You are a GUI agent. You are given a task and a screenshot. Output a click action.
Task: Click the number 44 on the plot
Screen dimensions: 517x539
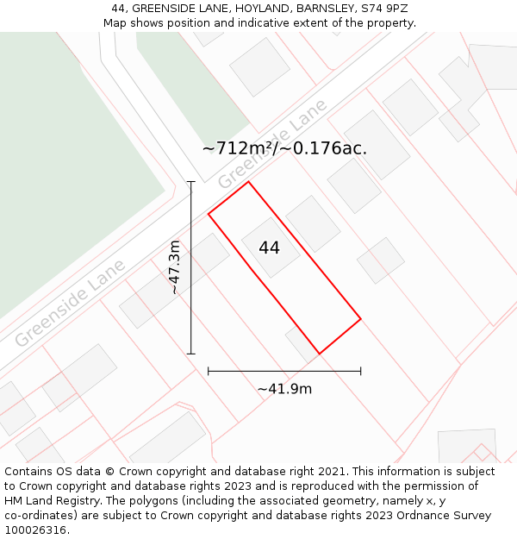pyautogui.click(x=269, y=248)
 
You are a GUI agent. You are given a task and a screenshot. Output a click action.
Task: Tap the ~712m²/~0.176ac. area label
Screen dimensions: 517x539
pyautogui.click(x=284, y=148)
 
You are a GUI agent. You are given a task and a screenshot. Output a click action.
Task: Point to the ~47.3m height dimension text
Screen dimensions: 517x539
pyautogui.click(x=175, y=267)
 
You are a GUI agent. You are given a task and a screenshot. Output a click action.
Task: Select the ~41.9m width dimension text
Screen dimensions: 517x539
pyautogui.click(x=284, y=389)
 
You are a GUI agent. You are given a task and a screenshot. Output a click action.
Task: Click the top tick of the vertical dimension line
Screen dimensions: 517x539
pyautogui.click(x=191, y=182)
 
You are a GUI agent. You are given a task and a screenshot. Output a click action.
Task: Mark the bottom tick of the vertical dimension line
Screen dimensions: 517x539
pyautogui.click(x=191, y=354)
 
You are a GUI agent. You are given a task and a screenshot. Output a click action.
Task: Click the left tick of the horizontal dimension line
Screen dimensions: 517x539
pyautogui.click(x=209, y=371)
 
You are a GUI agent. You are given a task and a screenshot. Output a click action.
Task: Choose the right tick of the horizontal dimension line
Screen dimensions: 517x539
pyautogui.click(x=360, y=371)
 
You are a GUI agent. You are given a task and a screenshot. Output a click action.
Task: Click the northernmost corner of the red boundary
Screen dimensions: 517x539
pyautogui.click(x=248, y=181)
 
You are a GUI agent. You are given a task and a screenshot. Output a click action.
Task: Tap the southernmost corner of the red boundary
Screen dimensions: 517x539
pyautogui.click(x=320, y=354)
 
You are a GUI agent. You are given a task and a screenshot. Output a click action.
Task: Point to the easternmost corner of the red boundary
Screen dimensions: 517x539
pyautogui.click(x=360, y=319)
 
